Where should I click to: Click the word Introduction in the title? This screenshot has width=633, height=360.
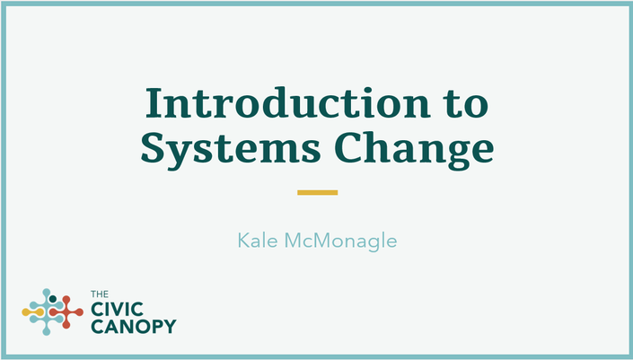click(288, 102)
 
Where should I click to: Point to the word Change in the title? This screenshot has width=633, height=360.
click(414, 148)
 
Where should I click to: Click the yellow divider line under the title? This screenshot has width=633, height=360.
click(317, 192)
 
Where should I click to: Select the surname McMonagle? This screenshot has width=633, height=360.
click(340, 241)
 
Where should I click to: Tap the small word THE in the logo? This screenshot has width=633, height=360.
click(100, 294)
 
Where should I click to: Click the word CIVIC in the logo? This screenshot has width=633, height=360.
click(117, 310)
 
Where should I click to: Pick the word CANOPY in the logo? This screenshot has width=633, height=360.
click(134, 327)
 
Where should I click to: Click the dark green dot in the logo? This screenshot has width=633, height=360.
click(52, 299)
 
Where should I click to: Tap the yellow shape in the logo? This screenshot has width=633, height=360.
click(32, 312)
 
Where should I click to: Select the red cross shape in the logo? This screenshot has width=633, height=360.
click(66, 312)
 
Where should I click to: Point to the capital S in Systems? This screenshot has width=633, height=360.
click(152, 147)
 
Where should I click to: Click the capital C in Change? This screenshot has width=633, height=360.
click(347, 147)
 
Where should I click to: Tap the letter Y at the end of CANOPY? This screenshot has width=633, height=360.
click(170, 327)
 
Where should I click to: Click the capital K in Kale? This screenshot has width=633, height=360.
click(242, 241)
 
